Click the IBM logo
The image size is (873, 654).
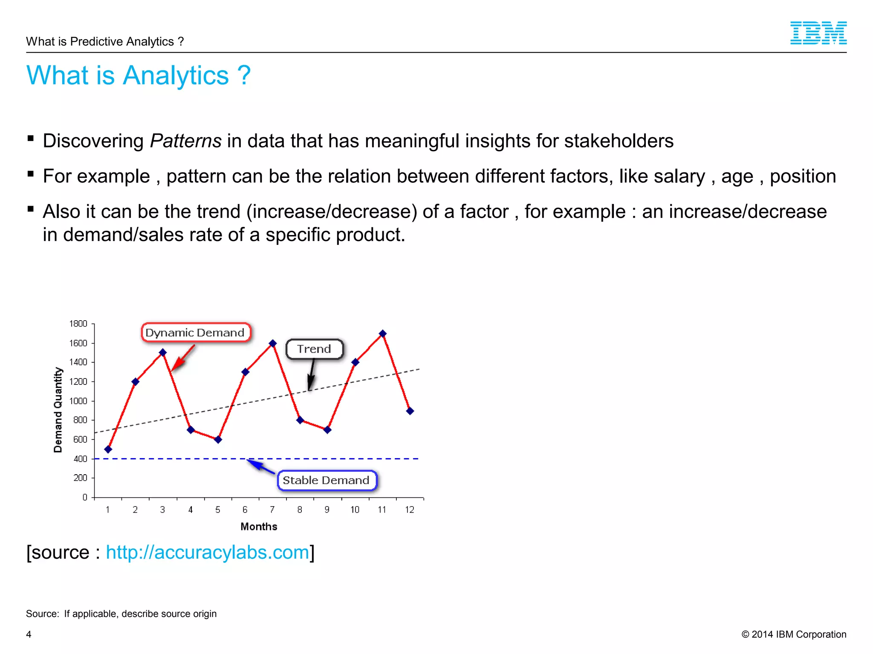coord(818,33)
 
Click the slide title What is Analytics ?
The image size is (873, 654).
coord(138,75)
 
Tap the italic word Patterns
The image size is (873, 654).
coord(185,141)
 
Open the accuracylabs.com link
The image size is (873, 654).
coord(207,552)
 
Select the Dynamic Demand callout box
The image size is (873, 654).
coord(196,333)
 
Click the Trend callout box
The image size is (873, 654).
coord(314,349)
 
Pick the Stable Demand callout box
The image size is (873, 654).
coord(327,480)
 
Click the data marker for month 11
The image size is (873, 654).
coord(382,334)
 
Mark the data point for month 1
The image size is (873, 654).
coord(108,449)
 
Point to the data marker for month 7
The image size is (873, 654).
coord(273,343)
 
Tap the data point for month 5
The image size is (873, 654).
coord(218,439)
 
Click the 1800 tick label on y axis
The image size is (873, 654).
coord(78,324)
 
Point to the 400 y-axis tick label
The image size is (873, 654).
coord(80,459)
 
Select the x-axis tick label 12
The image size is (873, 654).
coord(409,510)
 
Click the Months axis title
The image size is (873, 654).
coord(259,527)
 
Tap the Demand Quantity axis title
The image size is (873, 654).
coord(58,410)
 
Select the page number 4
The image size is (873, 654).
coord(29,634)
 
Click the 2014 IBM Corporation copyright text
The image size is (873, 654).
coord(794,634)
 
